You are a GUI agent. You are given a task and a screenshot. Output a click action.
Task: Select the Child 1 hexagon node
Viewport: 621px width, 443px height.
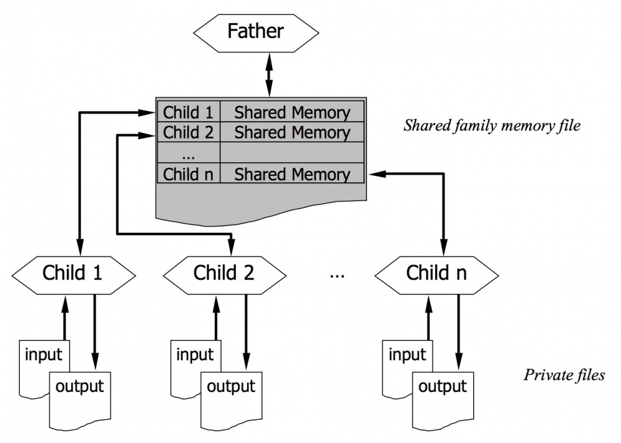point(73,272)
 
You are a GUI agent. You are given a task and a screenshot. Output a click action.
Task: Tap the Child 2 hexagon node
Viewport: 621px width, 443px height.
point(224,272)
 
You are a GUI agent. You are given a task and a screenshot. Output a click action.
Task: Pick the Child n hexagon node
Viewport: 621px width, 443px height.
point(437,272)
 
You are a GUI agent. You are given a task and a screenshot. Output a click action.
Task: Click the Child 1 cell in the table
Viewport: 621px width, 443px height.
point(188,112)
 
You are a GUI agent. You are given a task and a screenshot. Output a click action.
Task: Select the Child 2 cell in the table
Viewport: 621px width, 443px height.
point(188,132)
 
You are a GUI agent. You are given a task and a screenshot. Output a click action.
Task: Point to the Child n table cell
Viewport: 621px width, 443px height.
point(188,174)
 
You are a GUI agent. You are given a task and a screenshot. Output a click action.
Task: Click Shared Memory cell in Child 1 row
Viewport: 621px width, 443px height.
point(292,112)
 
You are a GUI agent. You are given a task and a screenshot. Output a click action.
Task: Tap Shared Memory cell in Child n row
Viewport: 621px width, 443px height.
point(292,174)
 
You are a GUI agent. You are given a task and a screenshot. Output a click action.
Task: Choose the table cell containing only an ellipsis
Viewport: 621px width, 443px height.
point(188,153)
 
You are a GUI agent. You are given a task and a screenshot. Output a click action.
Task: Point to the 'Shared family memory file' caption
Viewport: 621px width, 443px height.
point(492,126)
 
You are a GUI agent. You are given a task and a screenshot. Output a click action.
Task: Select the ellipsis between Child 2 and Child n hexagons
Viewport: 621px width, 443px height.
point(337,273)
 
